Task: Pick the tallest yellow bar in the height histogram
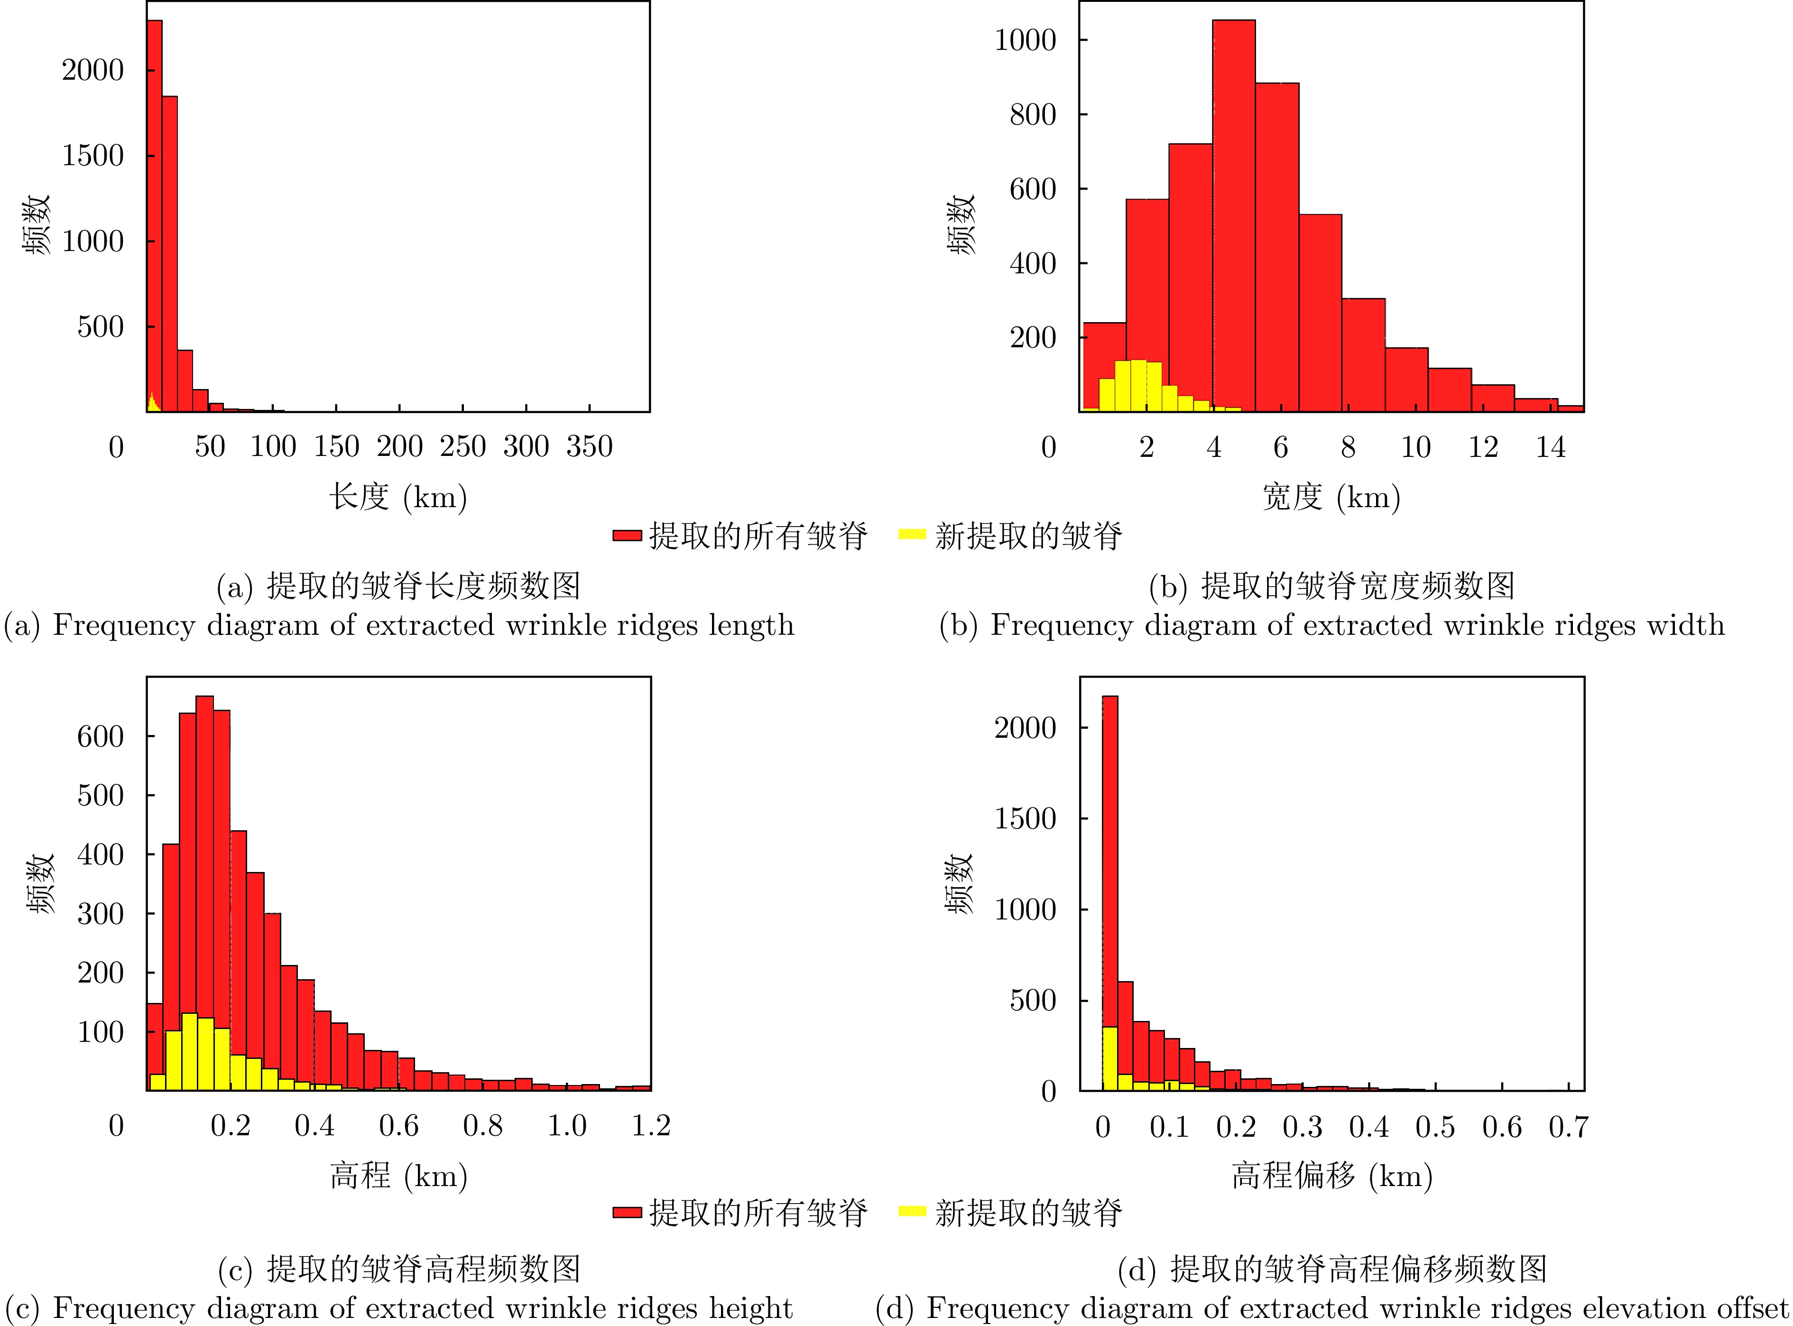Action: [x=189, y=1051]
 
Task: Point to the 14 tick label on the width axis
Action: [x=1550, y=447]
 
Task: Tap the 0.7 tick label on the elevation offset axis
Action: [x=1568, y=1127]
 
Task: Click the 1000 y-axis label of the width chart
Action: [x=1025, y=40]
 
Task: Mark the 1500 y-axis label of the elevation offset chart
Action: [x=1025, y=819]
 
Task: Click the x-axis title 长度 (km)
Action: [x=398, y=497]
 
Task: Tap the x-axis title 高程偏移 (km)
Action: [x=1332, y=1176]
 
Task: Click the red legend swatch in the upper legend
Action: [x=627, y=535]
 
